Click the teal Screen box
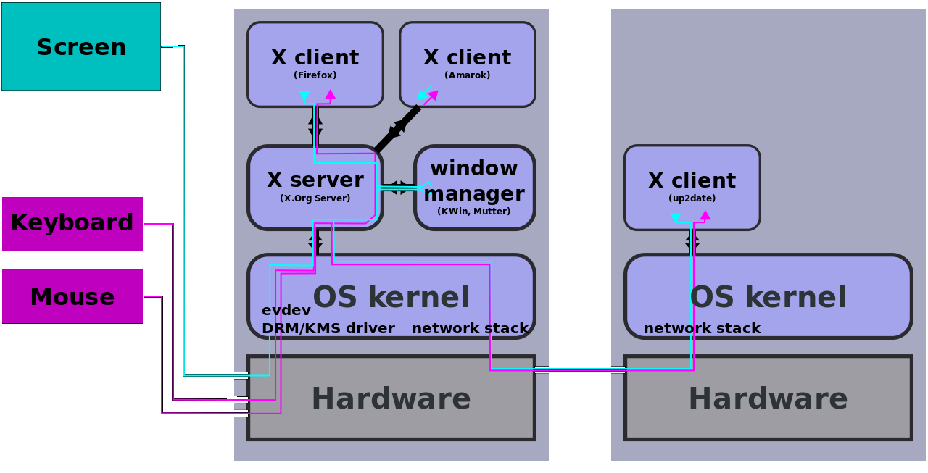[x=81, y=46]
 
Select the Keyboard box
[x=72, y=223]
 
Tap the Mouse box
[x=72, y=297]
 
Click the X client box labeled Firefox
[x=315, y=58]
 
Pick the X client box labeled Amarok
[x=468, y=58]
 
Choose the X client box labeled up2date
[x=692, y=181]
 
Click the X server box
[x=315, y=181]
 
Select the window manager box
[x=474, y=181]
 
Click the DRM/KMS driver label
[x=328, y=329]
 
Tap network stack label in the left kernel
[x=470, y=329]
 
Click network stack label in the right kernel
[x=702, y=329]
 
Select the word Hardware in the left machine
[x=391, y=399]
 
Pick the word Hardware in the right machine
[x=768, y=399]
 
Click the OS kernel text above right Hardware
[x=768, y=298]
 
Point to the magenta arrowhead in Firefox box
[x=331, y=94]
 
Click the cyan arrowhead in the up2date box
[x=676, y=217]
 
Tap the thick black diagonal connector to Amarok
[x=397, y=128]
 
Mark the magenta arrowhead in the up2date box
[x=705, y=215]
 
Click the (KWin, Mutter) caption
[x=474, y=212]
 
